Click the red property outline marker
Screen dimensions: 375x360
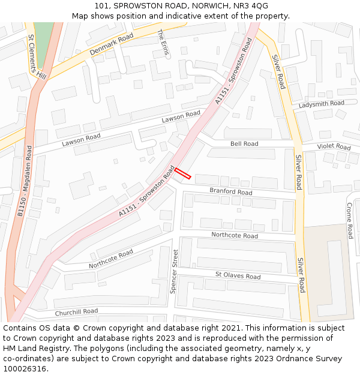point(182,173)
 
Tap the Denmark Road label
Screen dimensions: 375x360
point(112,45)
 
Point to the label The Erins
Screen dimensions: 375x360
point(163,43)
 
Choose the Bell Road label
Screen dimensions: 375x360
point(244,144)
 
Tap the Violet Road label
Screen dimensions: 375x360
point(334,146)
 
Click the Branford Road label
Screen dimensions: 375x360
point(230,192)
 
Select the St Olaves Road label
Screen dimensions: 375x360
point(238,276)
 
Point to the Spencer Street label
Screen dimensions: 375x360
point(174,271)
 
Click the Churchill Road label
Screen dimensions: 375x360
point(76,312)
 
